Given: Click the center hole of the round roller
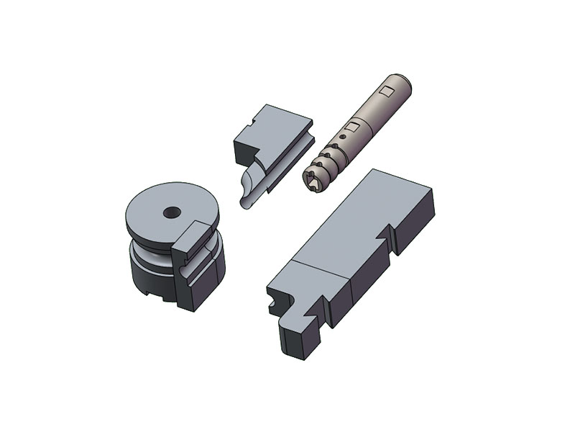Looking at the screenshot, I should [x=172, y=212].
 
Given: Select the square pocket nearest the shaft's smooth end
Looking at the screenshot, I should [x=387, y=90].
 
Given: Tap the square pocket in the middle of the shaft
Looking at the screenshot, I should [x=352, y=126].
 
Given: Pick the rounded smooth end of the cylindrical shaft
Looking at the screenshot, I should [x=402, y=81].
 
